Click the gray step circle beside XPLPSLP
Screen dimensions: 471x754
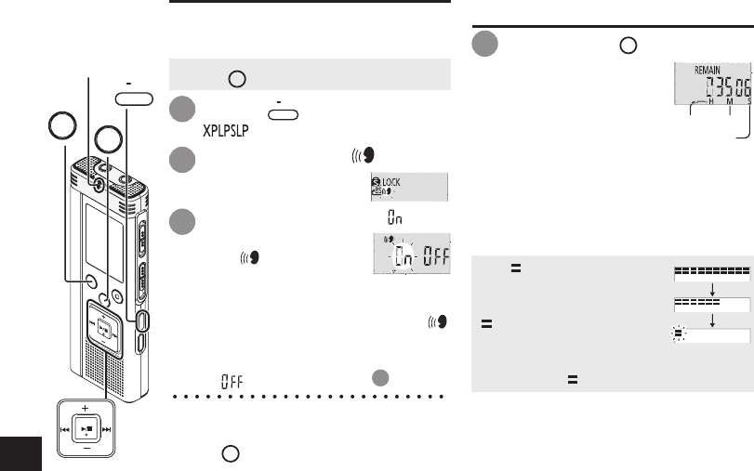tap(181, 111)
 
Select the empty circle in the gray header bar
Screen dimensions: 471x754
tap(236, 80)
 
